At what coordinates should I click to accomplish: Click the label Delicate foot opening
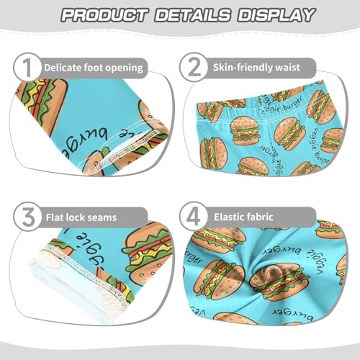[x=94, y=68]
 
